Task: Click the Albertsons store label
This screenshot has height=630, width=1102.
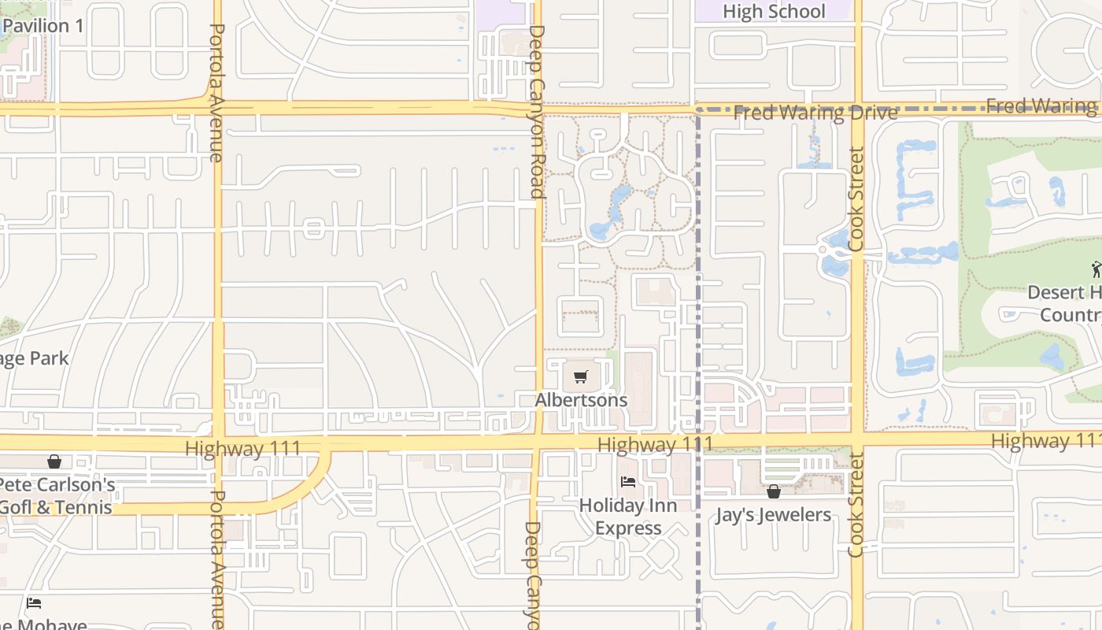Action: click(581, 400)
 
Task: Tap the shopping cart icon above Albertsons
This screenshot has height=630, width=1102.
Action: click(581, 377)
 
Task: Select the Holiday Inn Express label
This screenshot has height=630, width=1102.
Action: click(628, 517)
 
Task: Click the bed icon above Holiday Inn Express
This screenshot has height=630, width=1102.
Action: click(628, 481)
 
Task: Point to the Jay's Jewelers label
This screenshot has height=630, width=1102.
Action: click(773, 515)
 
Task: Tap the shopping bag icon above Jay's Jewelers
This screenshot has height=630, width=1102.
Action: click(774, 491)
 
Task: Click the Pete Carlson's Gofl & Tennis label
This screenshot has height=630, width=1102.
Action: click(57, 496)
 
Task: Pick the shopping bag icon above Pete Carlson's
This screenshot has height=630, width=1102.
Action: click(54, 461)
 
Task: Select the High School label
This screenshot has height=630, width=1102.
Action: click(774, 12)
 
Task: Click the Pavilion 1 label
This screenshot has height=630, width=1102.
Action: click(43, 26)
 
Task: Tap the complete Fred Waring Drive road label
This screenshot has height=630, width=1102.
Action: click(815, 113)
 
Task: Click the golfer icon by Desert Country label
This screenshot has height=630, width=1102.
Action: click(1096, 269)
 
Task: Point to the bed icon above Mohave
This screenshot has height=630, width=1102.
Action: click(34, 603)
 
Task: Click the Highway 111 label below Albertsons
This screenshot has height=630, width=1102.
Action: click(655, 446)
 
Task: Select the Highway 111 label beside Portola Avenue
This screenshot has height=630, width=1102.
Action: click(243, 449)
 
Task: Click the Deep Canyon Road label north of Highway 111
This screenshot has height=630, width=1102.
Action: click(537, 111)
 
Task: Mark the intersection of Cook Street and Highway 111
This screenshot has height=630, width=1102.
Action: click(857, 440)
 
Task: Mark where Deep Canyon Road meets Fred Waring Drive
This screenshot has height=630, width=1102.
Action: click(538, 109)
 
